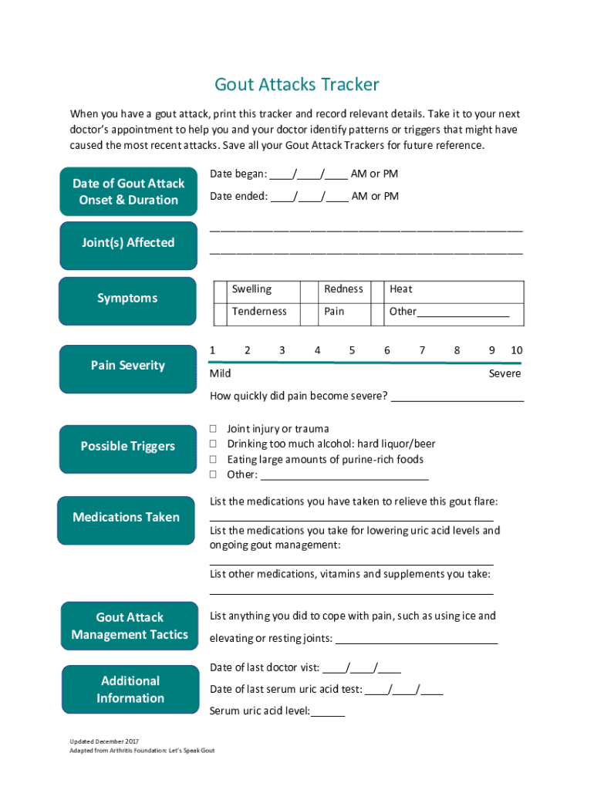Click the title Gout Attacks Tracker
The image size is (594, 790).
[297, 84]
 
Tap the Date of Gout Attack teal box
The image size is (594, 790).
[129, 191]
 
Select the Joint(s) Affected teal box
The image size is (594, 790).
[128, 243]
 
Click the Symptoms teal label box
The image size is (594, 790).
[127, 298]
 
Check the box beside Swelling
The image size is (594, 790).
[219, 289]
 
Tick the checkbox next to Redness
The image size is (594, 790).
[310, 289]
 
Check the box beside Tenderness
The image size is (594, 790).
[219, 312]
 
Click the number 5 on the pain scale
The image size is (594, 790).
[352, 350]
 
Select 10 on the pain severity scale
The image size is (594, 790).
[516, 350]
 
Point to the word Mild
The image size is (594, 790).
[221, 373]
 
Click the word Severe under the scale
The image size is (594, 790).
[505, 373]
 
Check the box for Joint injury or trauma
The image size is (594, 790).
[214, 429]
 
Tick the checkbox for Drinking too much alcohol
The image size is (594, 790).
[214, 444]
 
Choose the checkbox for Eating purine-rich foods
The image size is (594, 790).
[214, 460]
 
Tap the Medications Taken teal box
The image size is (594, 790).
[126, 518]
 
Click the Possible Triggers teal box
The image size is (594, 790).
[128, 446]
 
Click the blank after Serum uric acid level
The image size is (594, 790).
[328, 711]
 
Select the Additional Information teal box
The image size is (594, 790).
[130, 690]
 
